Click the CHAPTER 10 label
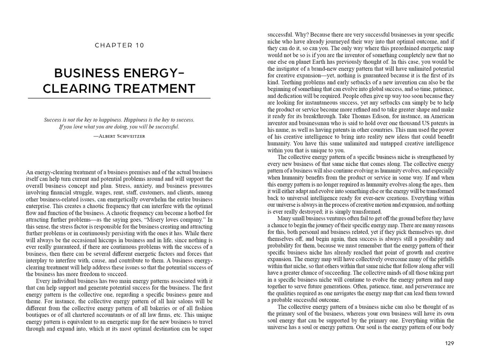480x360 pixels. coord(119,45)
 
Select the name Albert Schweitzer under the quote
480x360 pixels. coord(119,135)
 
